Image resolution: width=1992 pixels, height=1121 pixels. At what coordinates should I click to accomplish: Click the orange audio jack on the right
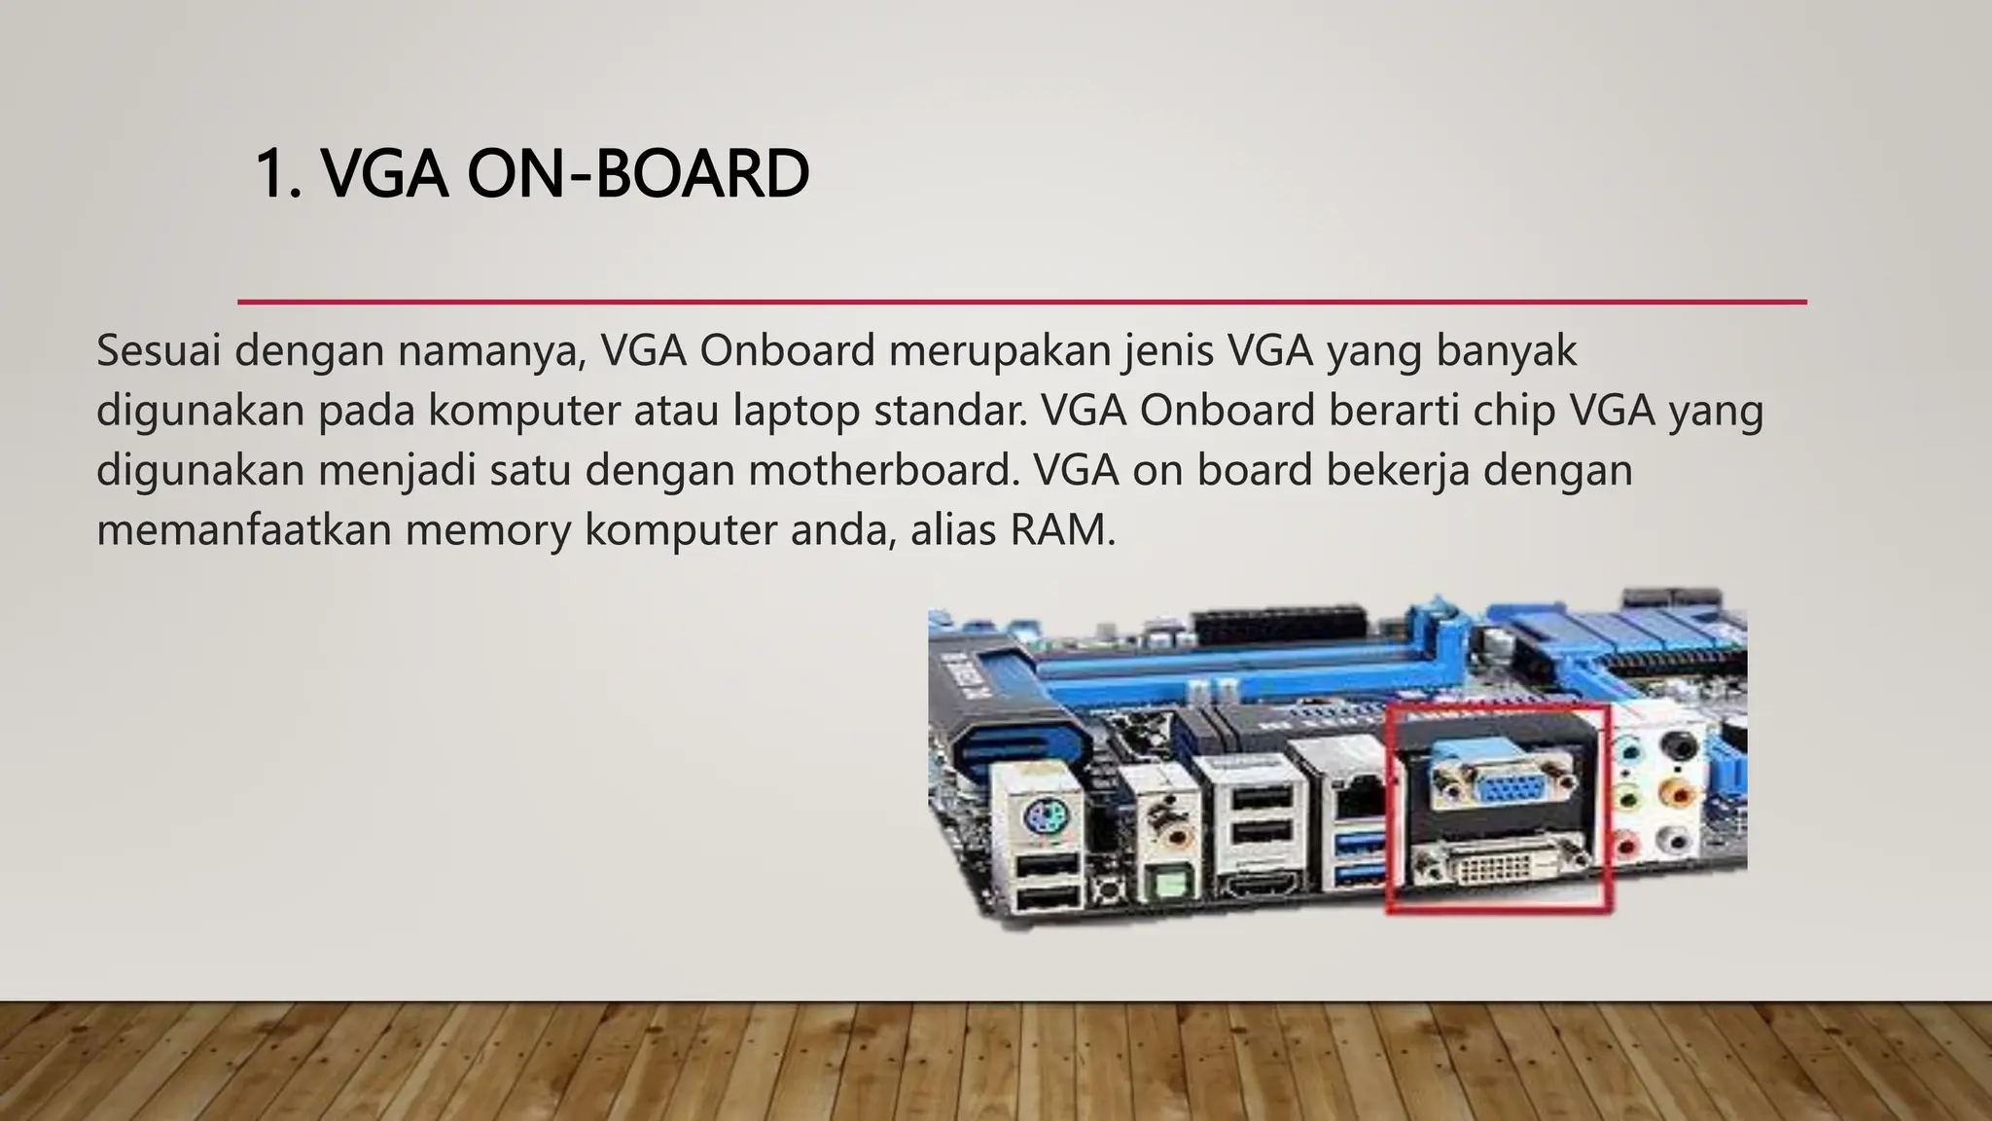pos(1677,792)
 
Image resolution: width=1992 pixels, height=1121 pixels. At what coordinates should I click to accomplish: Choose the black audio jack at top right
pos(1679,745)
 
